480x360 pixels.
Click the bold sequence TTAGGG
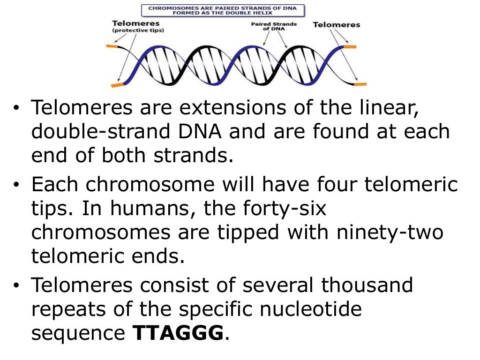179,333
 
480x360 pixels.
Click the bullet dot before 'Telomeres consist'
17,285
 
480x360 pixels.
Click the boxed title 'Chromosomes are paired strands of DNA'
223,11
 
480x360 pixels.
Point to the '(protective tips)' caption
138,30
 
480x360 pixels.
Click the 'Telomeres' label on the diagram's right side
337,24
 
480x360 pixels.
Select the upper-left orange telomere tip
112,46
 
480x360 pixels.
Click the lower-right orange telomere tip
360,84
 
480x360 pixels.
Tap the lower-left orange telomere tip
117,85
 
